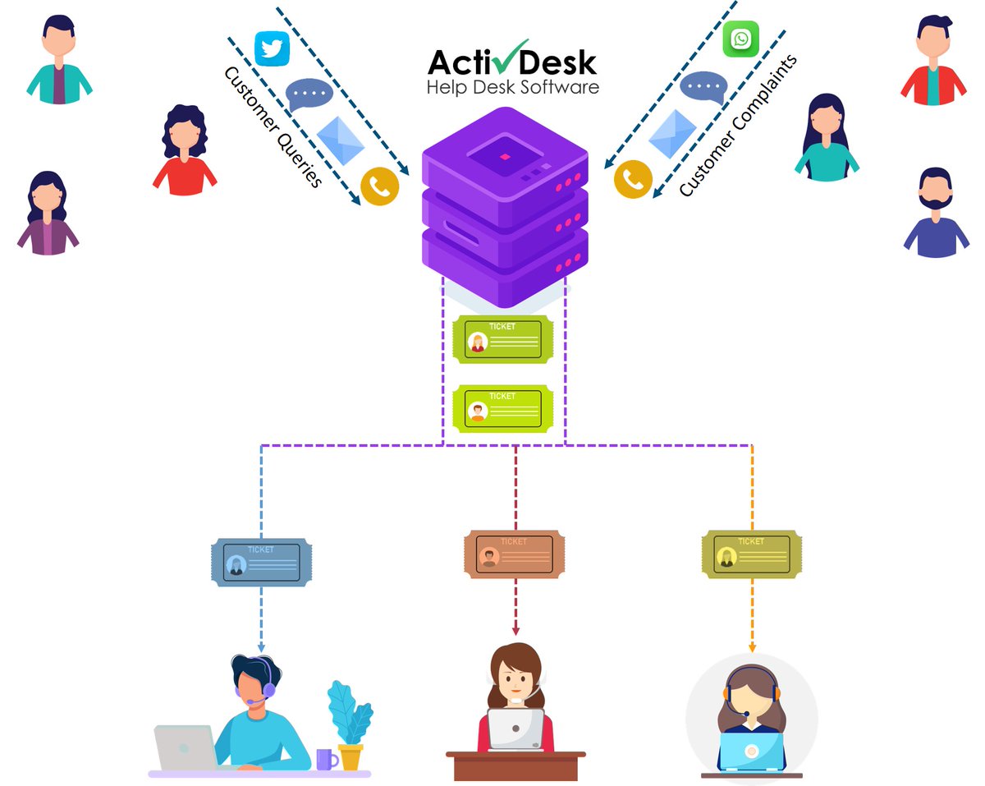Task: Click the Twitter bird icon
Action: [273, 48]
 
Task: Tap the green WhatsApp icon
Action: [740, 39]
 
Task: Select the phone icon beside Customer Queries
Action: [379, 187]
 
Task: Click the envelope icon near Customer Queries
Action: [340, 140]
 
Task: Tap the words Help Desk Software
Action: [512, 87]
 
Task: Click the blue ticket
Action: [261, 562]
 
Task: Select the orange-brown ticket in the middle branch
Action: [515, 554]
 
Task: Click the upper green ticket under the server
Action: [502, 339]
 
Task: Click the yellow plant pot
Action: [350, 756]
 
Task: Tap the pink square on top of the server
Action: [505, 156]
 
